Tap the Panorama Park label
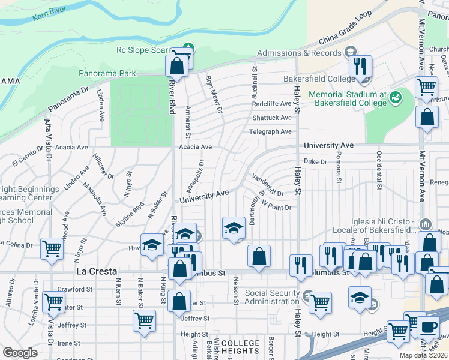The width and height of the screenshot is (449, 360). (106, 74)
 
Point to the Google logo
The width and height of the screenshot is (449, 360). (20, 352)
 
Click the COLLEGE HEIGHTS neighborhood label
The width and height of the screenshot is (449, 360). (240, 347)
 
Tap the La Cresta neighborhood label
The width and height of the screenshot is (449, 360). (92, 271)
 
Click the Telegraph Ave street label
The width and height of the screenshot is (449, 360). (271, 132)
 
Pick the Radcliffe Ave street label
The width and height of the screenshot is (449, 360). (271, 103)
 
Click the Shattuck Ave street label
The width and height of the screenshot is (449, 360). (271, 118)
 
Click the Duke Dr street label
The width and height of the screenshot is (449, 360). (315, 161)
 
